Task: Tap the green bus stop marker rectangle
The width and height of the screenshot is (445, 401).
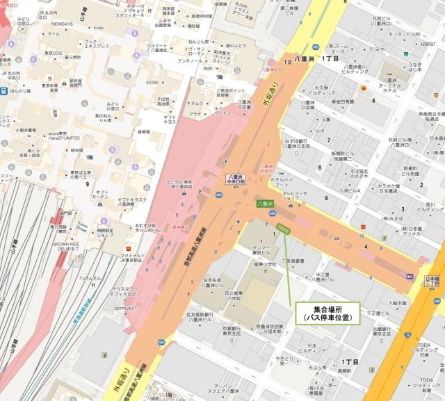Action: point(284,229)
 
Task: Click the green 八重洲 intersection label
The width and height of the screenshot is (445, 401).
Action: point(264,204)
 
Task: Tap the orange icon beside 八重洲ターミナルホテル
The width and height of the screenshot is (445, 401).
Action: point(362,91)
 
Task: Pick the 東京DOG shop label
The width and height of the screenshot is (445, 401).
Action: point(52,56)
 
